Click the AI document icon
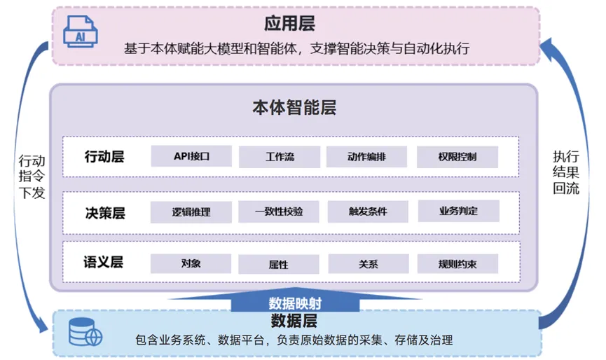[x=81, y=32]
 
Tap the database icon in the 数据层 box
[x=85, y=332]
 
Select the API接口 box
[x=191, y=156]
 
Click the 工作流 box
[x=280, y=157]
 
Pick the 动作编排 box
[x=366, y=156]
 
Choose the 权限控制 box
[x=457, y=157]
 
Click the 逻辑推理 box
[x=191, y=212]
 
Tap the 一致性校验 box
[x=279, y=212]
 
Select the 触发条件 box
[x=368, y=212]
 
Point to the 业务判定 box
[x=459, y=211]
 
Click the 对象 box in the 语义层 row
[x=191, y=263]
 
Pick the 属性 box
[x=279, y=265]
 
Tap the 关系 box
[x=369, y=264]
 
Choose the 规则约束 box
[x=457, y=264]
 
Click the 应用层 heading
[x=289, y=24]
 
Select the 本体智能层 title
[x=294, y=107]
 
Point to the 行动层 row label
[x=104, y=157]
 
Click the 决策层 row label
[x=105, y=213]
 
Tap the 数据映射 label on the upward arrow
[x=295, y=303]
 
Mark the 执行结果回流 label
[x=566, y=172]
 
